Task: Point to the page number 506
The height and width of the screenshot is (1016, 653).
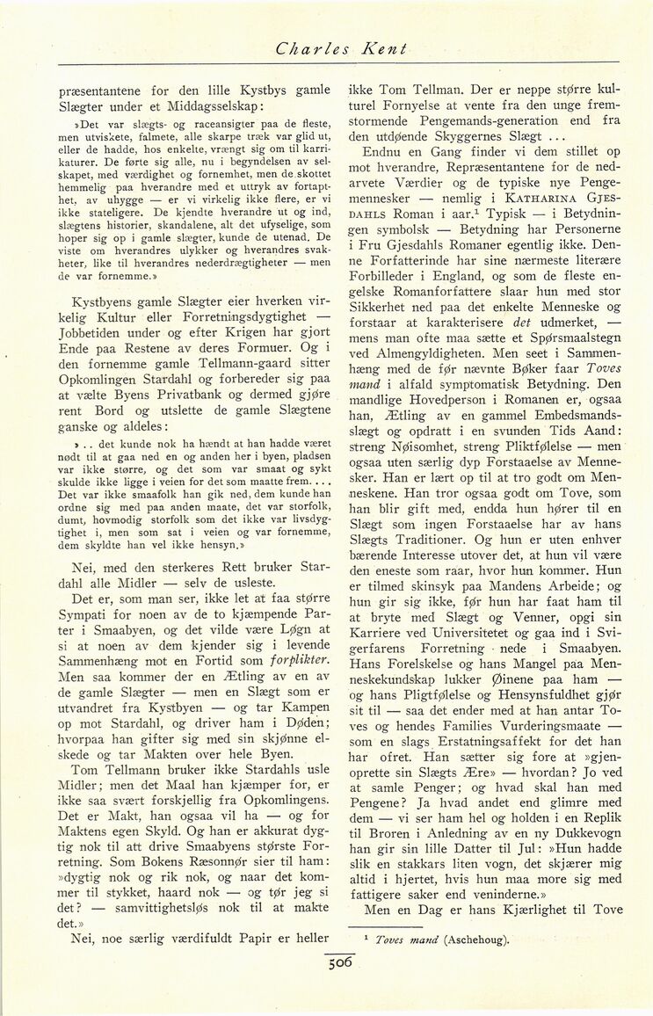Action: coord(339,962)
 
